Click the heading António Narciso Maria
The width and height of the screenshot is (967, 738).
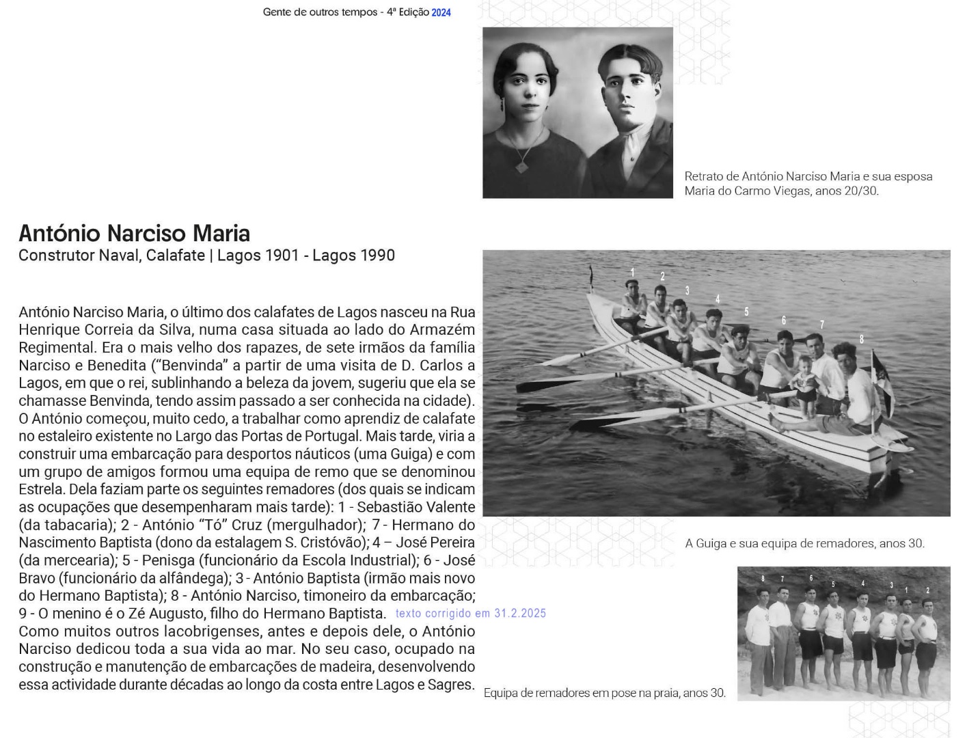[134, 234]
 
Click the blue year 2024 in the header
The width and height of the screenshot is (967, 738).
[441, 12]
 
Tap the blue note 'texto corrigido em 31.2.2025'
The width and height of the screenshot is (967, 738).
[470, 613]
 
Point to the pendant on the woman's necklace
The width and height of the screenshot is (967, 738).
[521, 166]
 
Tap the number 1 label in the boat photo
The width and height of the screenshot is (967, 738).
[633, 273]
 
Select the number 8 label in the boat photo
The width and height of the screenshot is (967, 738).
[862, 339]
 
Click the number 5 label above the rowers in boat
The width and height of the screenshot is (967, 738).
[746, 312]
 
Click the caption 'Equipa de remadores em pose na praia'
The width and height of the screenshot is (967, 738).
[604, 693]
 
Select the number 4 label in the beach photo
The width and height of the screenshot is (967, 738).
[863, 583]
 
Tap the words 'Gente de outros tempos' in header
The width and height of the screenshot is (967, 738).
[320, 12]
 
